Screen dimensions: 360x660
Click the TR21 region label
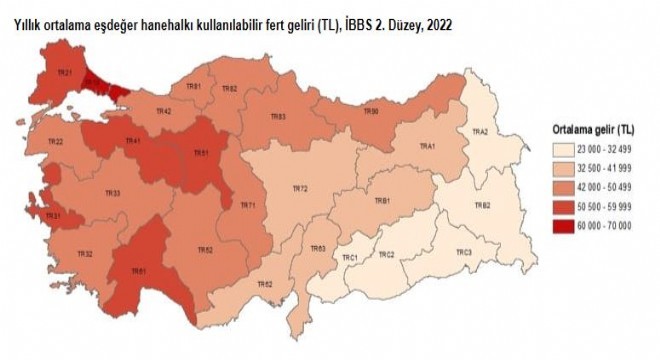64,73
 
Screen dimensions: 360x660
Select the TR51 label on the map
200,154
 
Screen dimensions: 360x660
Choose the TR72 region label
299,188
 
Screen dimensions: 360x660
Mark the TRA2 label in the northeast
479,132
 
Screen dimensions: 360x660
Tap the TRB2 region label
481,205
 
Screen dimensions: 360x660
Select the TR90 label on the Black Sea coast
371,111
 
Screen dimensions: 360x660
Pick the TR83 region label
278,117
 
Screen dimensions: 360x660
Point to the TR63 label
318,248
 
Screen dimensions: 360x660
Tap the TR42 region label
164,111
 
